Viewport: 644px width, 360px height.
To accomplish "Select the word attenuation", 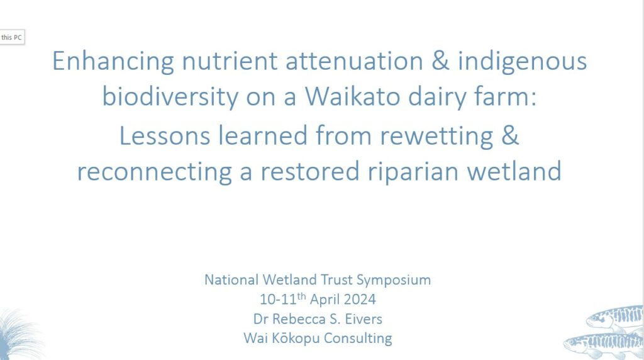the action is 354,61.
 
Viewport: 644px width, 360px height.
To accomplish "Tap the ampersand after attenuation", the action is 440,60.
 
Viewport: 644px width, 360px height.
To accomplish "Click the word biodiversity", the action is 170,98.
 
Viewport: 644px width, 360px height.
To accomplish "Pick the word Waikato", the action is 352,96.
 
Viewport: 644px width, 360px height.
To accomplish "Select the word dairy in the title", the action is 437,98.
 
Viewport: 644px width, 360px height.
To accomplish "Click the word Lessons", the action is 164,135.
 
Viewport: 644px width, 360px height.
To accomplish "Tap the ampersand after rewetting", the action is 510,135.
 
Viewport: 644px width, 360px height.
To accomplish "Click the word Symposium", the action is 394,281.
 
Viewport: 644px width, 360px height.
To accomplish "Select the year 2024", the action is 360,299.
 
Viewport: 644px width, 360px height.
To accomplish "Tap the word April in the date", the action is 325,300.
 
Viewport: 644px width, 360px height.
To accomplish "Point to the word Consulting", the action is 358,339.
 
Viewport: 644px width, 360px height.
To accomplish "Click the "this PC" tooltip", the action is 12,37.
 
